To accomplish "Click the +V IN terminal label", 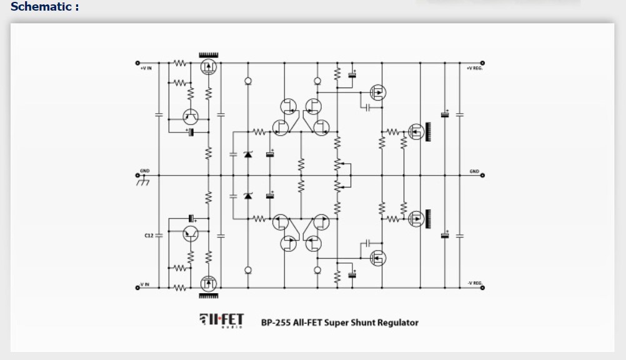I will pos(146,67).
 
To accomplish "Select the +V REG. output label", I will pos(475,67).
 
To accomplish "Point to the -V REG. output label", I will pos(475,284).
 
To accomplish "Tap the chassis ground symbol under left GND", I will pos(142,181).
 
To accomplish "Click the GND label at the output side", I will pos(474,171).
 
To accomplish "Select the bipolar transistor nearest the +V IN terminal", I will pos(191,116).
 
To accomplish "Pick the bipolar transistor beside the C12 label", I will pos(191,234).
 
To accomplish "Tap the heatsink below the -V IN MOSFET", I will pos(207,296).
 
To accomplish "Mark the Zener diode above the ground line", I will pos(248,154).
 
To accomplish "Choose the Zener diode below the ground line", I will pos(248,196).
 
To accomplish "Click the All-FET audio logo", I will pos(221,320).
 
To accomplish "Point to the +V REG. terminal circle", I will pos(483,63).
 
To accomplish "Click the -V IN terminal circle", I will pos(137,288).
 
